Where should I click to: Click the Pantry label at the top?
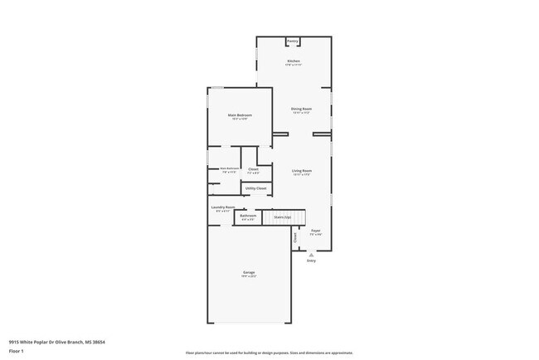pos(293,41)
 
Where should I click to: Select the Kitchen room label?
pos(293,61)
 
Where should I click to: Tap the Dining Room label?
pos(301,109)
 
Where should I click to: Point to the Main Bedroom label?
pos(240,114)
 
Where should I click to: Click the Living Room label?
pos(301,170)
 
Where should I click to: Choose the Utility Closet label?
pos(256,188)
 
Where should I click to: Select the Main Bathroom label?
pos(229,168)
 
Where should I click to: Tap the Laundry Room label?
pos(223,207)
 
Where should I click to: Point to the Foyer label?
pos(316,230)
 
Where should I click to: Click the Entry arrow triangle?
pos(311,255)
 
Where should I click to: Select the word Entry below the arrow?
pos(311,260)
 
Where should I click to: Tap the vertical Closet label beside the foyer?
pos(294,236)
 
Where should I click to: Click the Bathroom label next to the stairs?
pos(247,216)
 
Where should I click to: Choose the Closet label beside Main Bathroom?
pos(253,168)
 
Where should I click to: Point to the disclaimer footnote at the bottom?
pos(269,353)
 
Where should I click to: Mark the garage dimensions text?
pos(249,275)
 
